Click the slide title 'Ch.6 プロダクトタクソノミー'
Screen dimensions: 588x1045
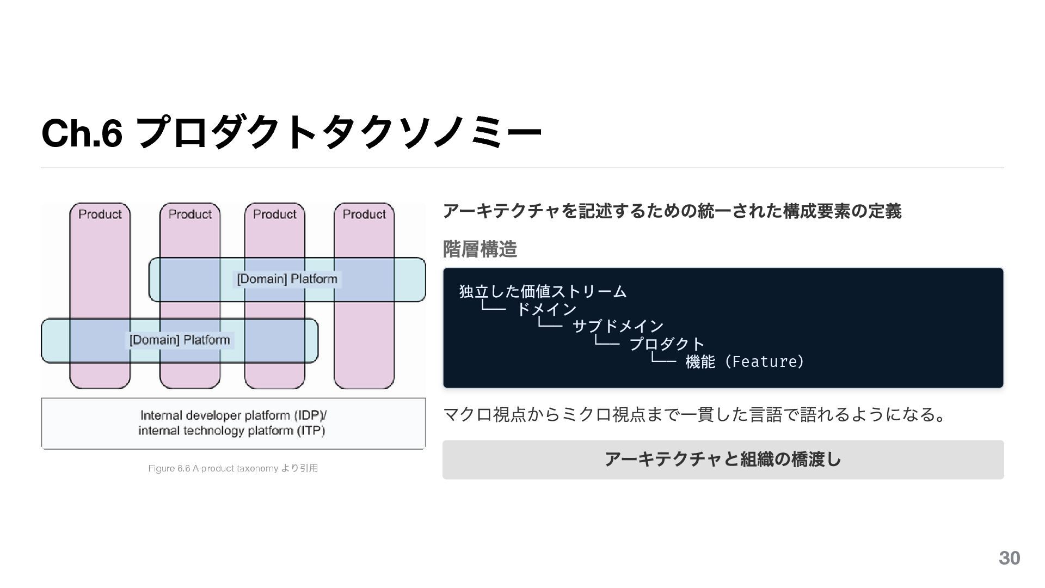tap(291, 133)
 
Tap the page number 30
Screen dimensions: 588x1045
tap(1009, 558)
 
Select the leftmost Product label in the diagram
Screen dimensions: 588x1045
tap(100, 215)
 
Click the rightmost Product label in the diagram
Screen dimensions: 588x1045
tap(364, 215)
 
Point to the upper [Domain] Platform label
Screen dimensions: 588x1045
tap(287, 279)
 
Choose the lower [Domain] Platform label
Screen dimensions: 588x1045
tap(180, 340)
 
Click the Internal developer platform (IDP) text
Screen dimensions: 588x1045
tap(233, 415)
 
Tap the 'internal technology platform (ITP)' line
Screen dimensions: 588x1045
tap(232, 431)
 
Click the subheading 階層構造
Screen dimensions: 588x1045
tap(480, 249)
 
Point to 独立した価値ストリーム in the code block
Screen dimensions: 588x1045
tap(543, 292)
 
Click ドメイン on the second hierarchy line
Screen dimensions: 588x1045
tap(546, 309)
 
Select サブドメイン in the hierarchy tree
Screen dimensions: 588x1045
tap(618, 327)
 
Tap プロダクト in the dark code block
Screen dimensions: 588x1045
tap(667, 344)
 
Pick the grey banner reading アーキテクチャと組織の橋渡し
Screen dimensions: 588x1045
tap(723, 460)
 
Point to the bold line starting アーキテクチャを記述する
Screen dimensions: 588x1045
tap(672, 211)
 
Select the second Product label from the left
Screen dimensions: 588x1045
tap(189, 215)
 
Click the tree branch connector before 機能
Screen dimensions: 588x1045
tap(663, 359)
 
